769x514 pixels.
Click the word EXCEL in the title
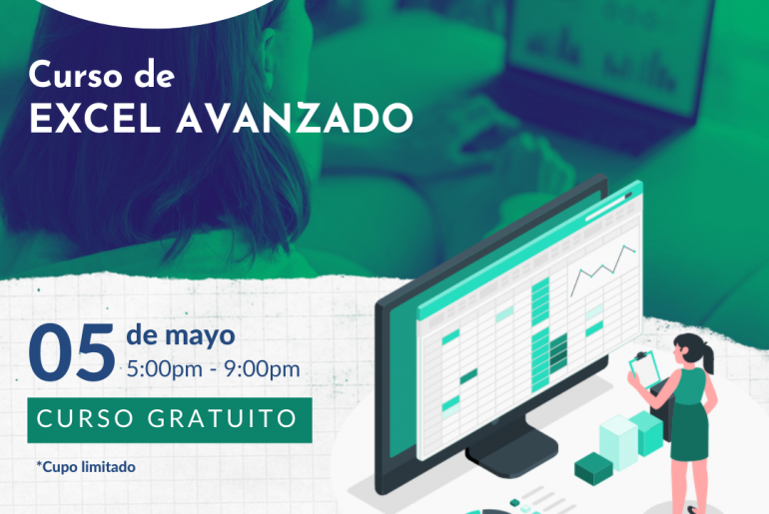click(x=95, y=118)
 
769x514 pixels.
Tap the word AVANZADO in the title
click(x=295, y=118)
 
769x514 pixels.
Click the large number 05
click(x=72, y=351)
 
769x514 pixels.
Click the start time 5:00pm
click(x=165, y=369)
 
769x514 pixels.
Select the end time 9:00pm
click(x=262, y=369)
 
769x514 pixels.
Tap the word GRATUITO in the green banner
click(x=222, y=419)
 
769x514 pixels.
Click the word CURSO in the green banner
click(x=85, y=419)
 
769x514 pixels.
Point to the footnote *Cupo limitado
click(x=86, y=467)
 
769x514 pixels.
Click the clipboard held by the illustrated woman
click(x=644, y=369)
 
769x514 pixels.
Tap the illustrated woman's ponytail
click(x=708, y=357)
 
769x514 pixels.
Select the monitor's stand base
click(x=511, y=452)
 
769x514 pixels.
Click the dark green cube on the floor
click(x=593, y=468)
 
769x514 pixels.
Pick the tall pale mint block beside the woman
click(x=618, y=442)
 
